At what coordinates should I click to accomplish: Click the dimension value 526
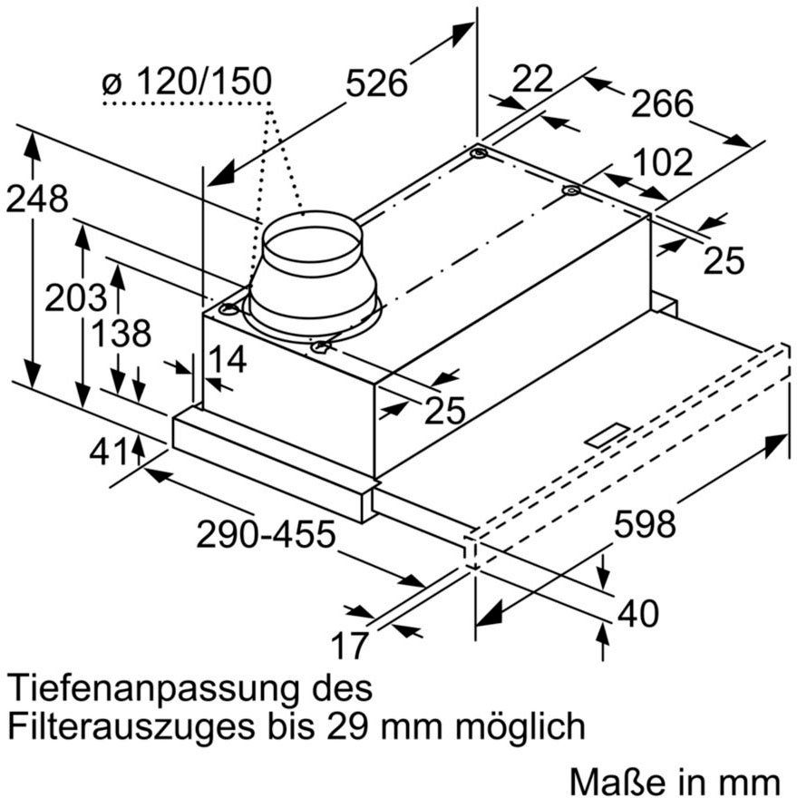coord(375,83)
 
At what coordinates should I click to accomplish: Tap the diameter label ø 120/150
coord(187,83)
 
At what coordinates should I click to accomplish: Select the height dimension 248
coord(37,199)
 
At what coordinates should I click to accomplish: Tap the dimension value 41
coord(109,451)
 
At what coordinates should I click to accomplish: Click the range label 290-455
coord(266,534)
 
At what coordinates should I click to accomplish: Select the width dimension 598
coord(645,524)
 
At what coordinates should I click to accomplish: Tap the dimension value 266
coord(662,104)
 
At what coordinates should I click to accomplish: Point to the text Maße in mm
coord(676,781)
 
